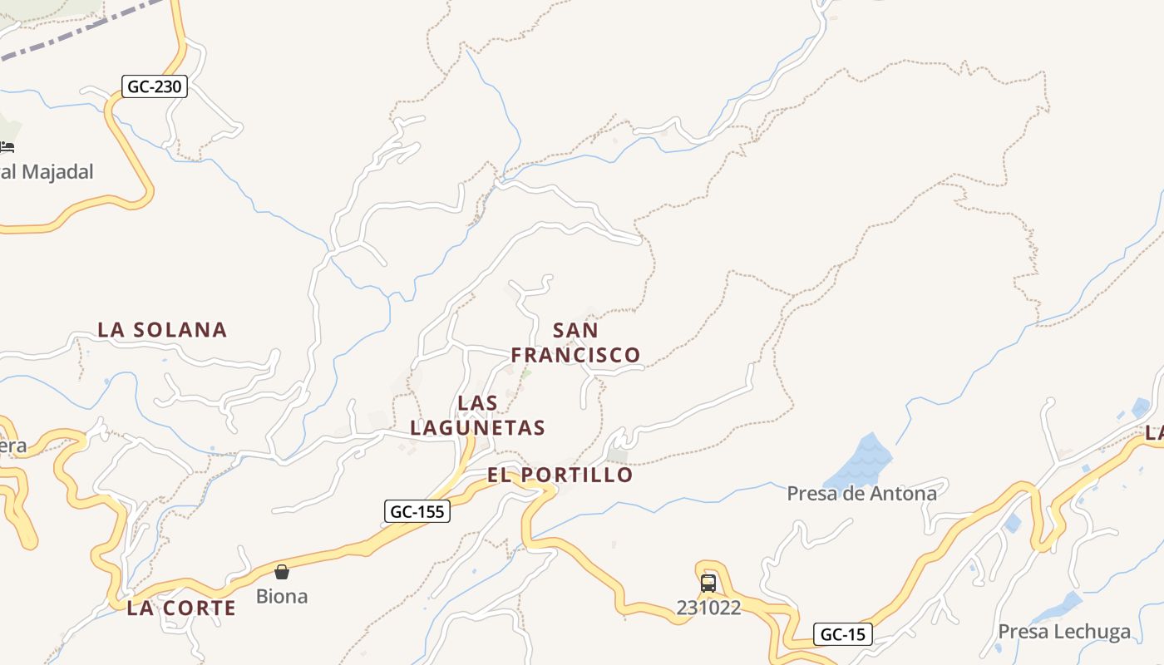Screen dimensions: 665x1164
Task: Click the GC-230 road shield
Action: point(155,86)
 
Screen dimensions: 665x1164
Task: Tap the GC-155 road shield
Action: point(417,511)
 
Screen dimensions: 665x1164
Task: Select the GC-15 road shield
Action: point(842,634)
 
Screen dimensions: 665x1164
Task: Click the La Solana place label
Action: point(162,330)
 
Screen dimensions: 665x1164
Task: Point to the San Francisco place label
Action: point(575,342)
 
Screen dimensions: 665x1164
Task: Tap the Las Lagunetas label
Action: point(478,416)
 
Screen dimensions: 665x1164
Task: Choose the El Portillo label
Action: point(560,475)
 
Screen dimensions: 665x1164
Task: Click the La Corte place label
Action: point(181,608)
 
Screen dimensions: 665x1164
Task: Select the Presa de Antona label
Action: point(861,494)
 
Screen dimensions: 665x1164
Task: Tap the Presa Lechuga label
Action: point(1064,632)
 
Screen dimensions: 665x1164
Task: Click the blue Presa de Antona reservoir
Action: point(861,461)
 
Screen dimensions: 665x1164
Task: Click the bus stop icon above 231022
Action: point(708,583)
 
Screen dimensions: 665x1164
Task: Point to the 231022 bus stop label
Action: point(708,608)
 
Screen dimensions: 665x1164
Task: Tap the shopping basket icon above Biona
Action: point(282,572)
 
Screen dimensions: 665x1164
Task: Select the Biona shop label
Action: point(282,596)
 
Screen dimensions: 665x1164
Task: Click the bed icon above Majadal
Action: point(7,147)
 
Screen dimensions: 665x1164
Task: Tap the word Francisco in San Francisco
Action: point(575,355)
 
